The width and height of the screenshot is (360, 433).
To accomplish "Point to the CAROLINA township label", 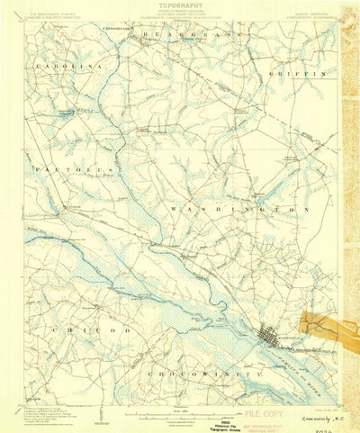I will [62, 67].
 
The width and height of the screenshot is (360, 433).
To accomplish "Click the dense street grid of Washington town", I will [269, 336].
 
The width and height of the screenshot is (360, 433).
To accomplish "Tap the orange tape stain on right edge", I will [326, 327].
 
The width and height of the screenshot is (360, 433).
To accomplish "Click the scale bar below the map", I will [180, 410].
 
